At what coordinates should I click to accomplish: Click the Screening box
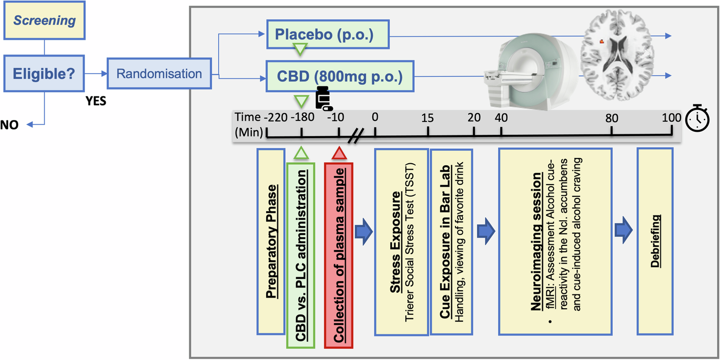45,21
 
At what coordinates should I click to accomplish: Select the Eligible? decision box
45,74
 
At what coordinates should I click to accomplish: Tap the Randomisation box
159,74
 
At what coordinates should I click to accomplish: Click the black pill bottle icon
322,98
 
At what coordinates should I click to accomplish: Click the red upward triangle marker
339,154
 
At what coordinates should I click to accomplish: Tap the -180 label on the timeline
301,118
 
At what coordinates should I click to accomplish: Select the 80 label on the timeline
611,118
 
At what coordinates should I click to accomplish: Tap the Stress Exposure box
401,242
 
